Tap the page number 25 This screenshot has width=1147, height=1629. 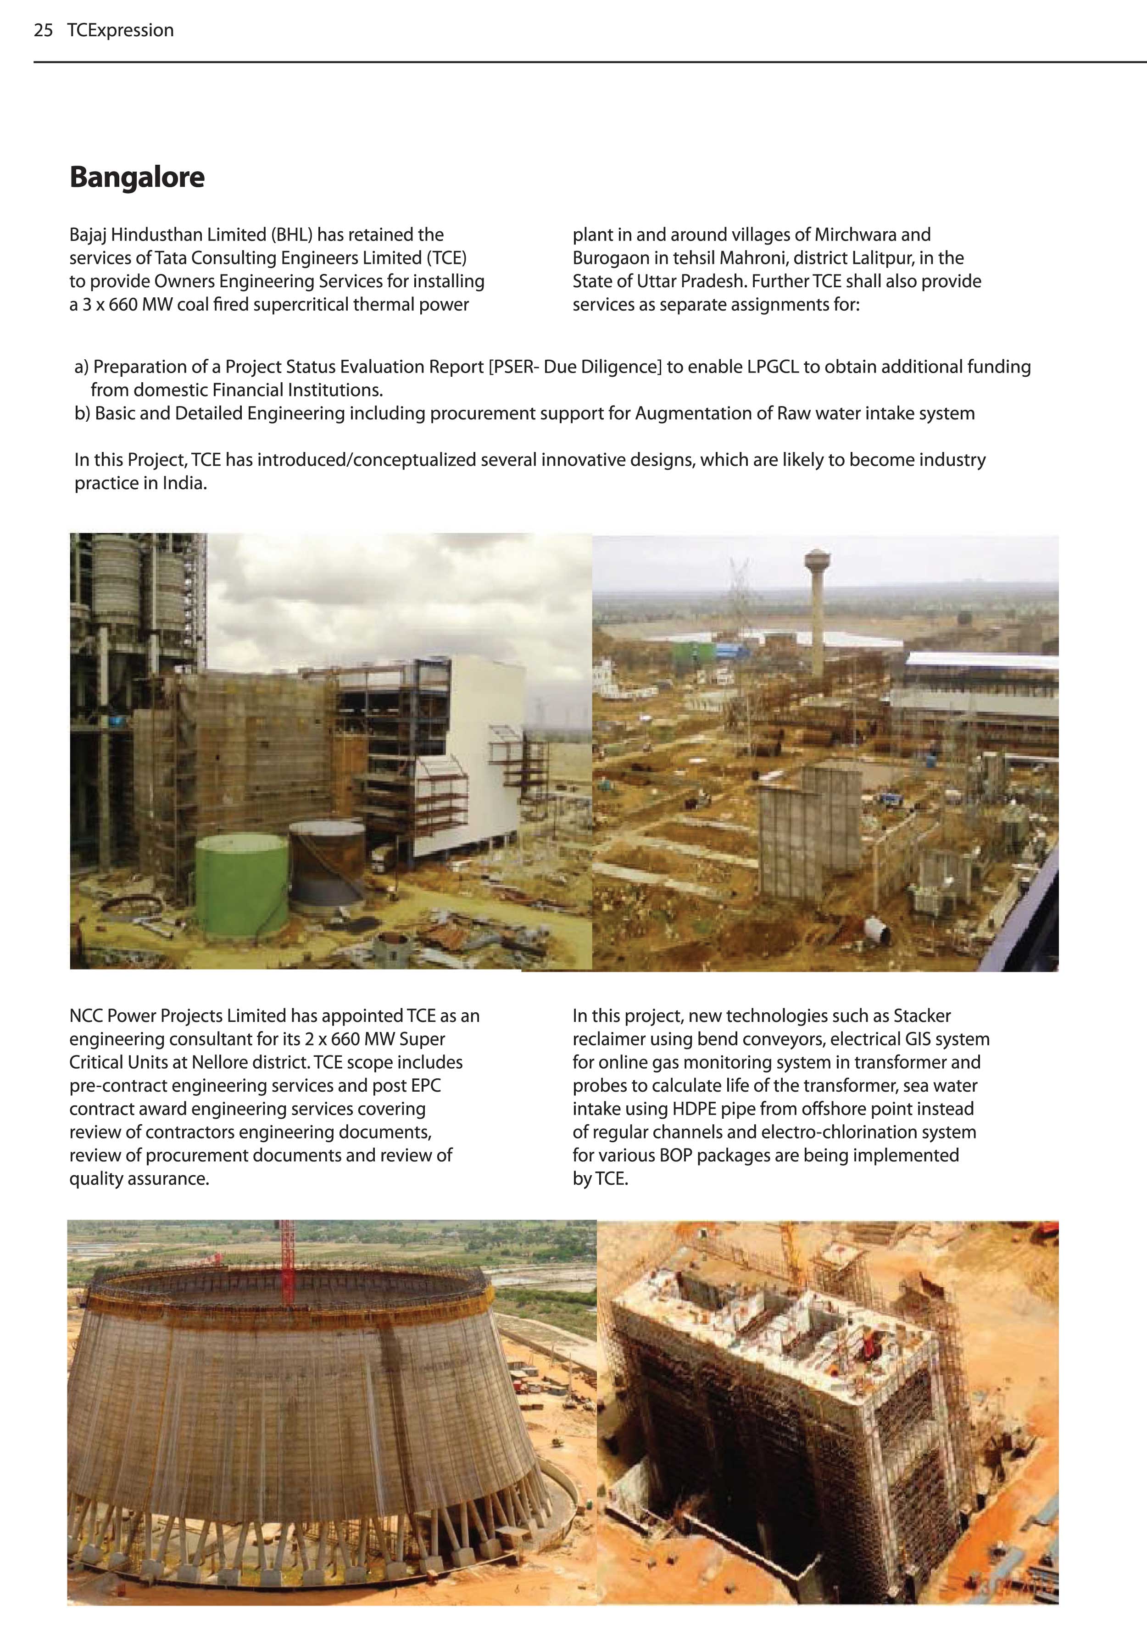coord(43,30)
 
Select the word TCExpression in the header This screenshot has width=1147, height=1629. coord(121,30)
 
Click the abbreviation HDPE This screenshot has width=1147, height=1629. coord(691,1109)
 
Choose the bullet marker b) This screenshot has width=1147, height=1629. coord(82,413)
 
